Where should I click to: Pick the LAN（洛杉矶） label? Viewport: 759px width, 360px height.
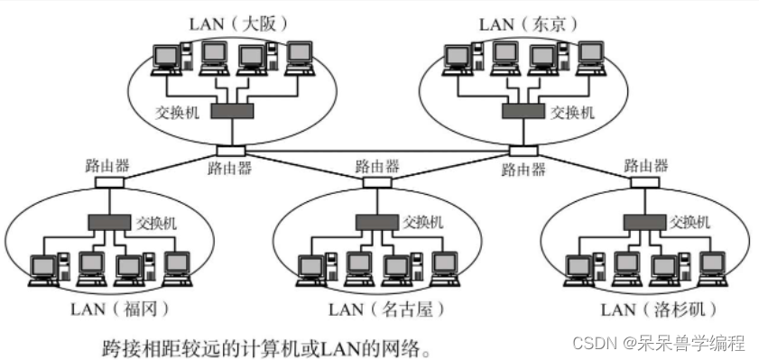tap(658, 309)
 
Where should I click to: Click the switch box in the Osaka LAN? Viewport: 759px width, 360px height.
tap(232, 111)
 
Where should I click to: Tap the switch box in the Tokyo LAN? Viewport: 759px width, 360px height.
tap(525, 111)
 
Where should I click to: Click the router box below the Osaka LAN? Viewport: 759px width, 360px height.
tap(230, 151)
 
